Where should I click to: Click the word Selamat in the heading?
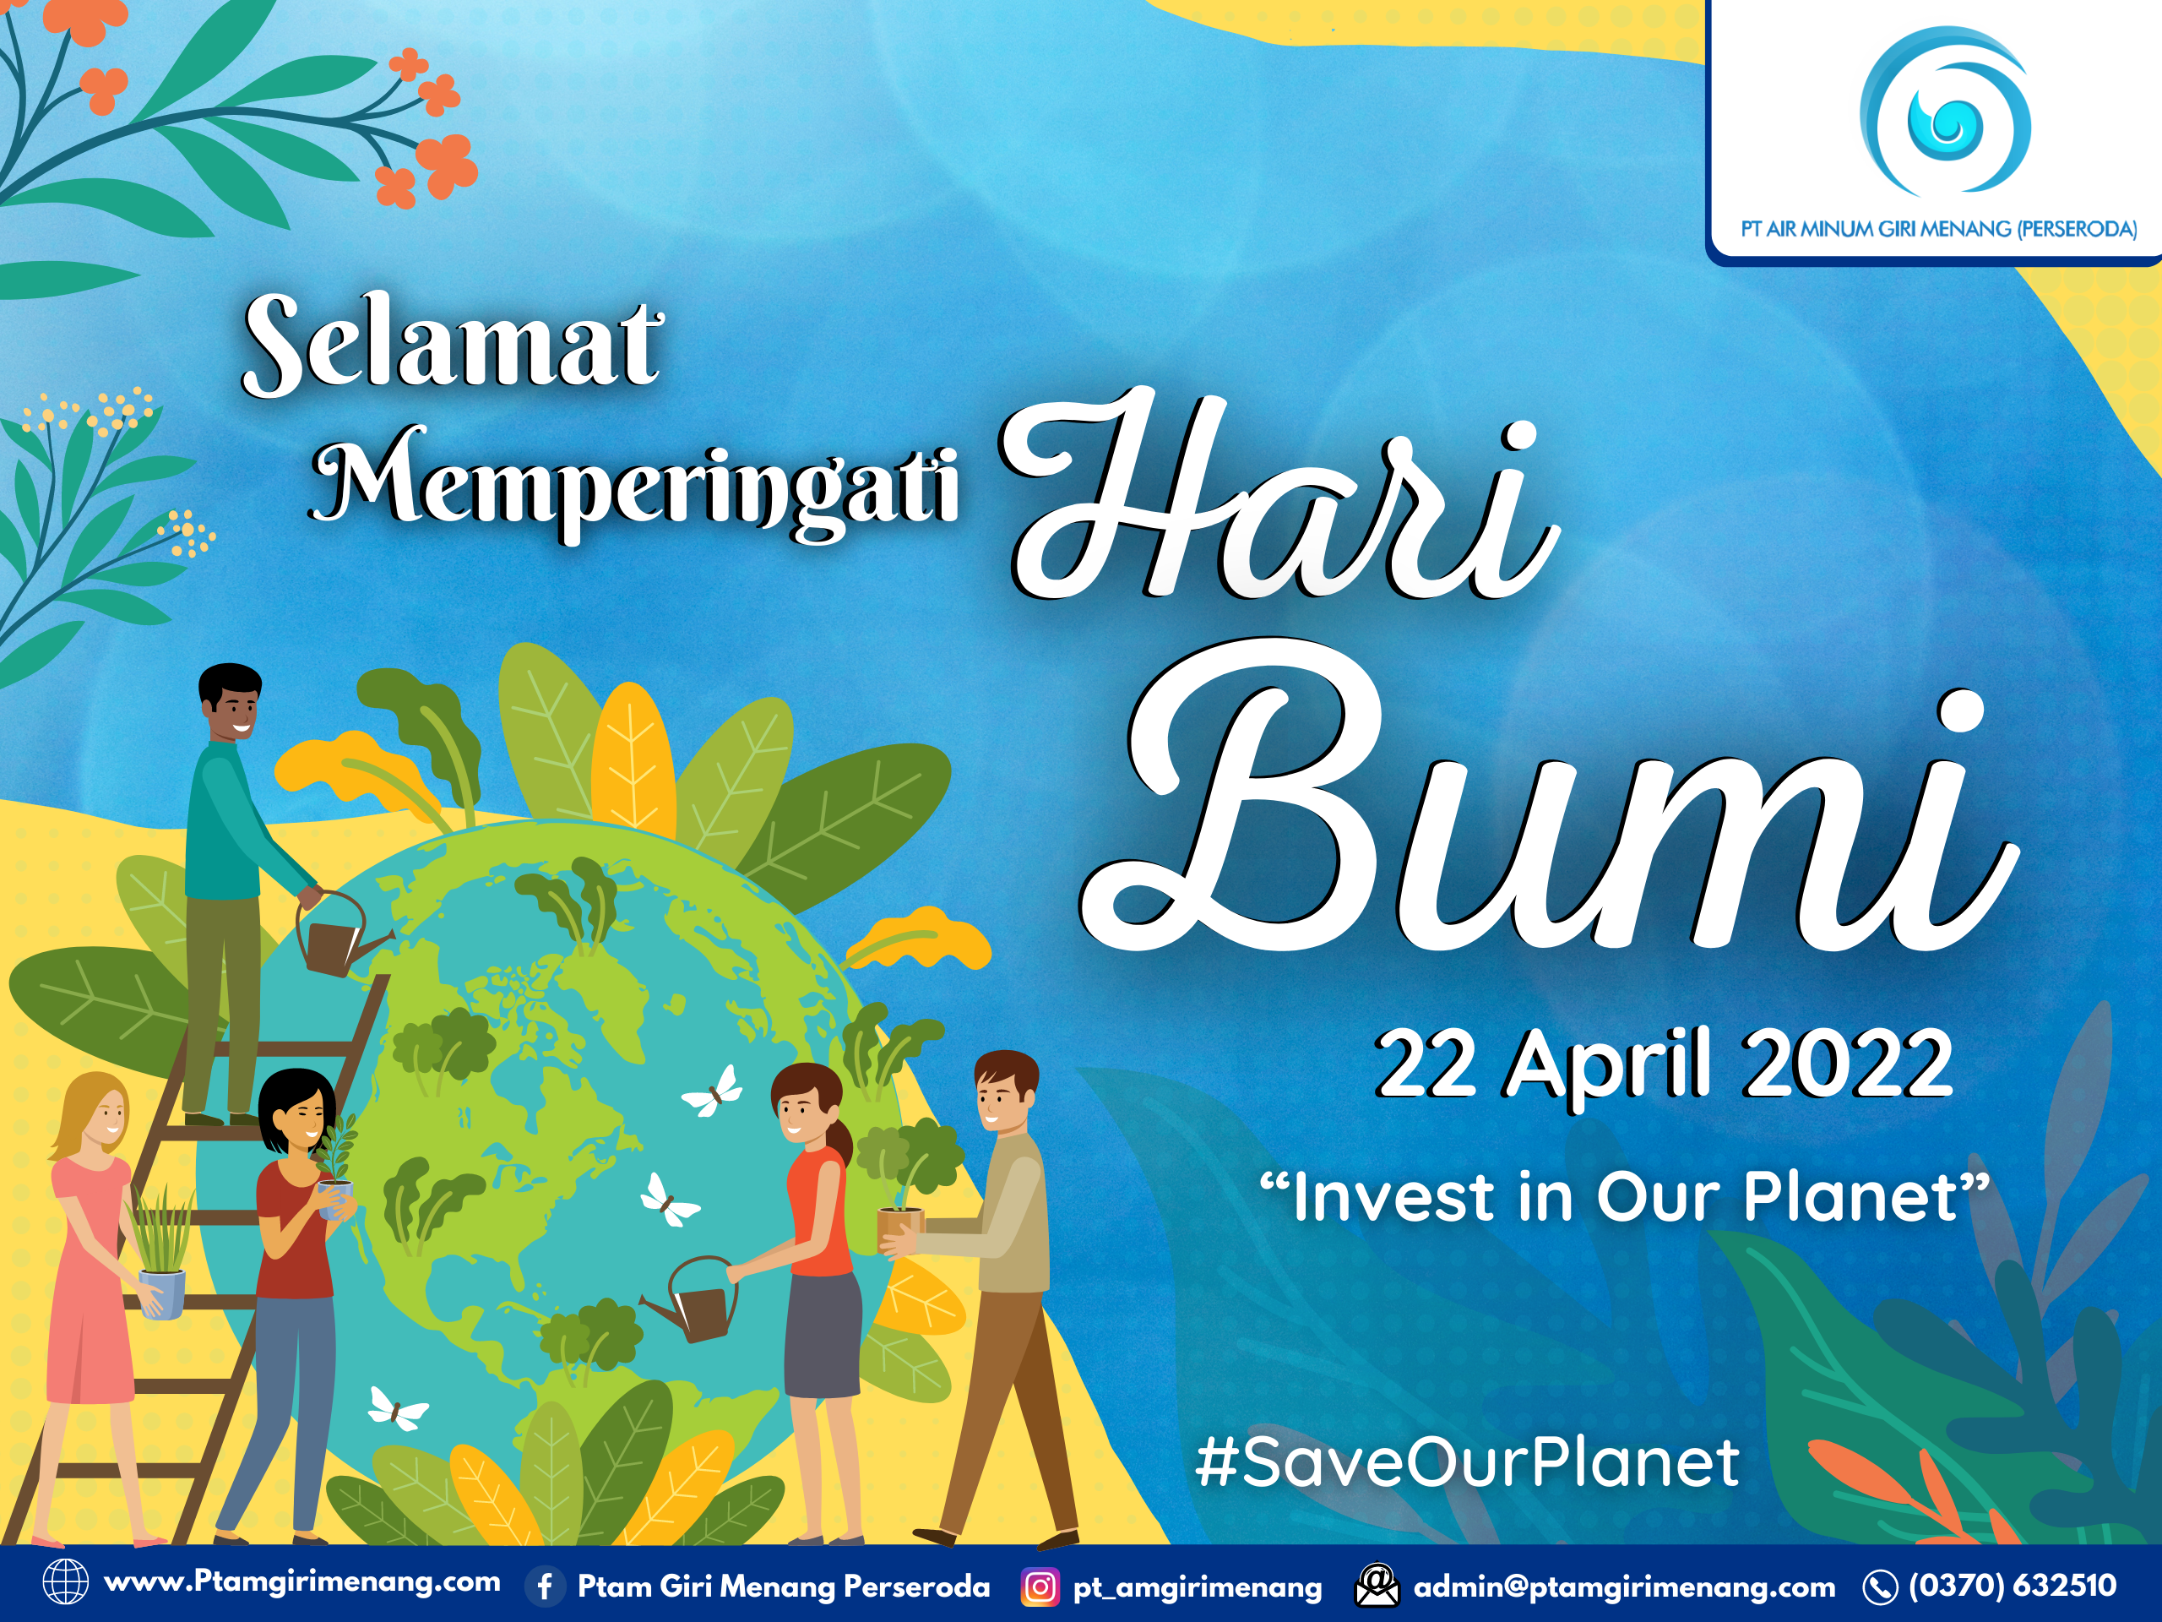(x=452, y=344)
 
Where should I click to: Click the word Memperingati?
(x=635, y=481)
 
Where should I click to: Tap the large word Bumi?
(x=1545, y=821)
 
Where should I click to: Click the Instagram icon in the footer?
(x=1039, y=1586)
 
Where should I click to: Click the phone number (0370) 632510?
(x=2013, y=1585)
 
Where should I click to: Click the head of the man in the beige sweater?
(x=1005, y=1090)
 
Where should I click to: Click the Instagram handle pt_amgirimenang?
(x=1198, y=1586)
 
